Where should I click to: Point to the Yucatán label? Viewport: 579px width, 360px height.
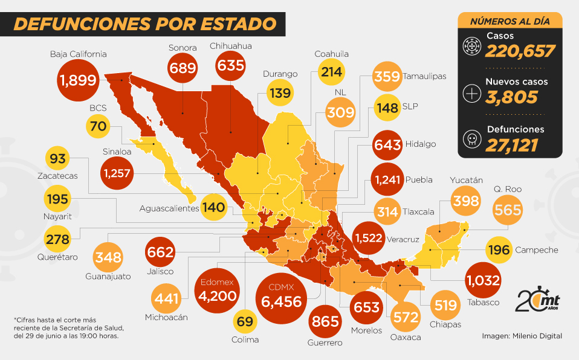click(x=466, y=181)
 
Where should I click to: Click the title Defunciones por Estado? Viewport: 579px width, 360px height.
click(x=145, y=24)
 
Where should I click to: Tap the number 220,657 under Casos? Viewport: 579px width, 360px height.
click(x=520, y=51)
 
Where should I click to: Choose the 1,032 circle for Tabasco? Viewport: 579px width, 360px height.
click(x=483, y=280)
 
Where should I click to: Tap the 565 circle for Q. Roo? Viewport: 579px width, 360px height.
click(x=507, y=210)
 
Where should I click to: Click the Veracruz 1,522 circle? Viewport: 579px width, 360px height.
click(x=368, y=238)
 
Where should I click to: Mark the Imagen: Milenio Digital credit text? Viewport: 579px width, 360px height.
click(x=522, y=335)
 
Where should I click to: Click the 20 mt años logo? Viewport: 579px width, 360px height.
click(x=537, y=300)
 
